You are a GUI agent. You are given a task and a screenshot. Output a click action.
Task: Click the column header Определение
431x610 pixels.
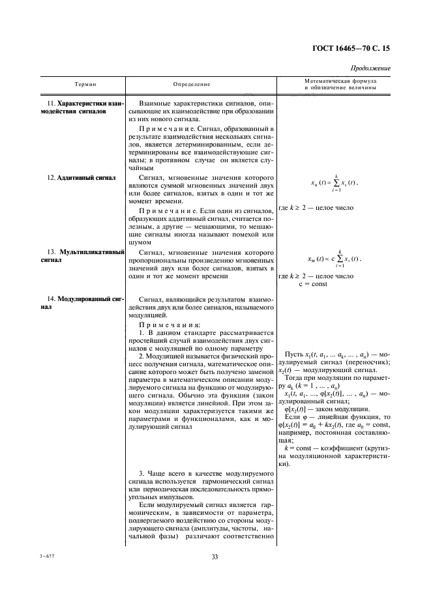[192, 84]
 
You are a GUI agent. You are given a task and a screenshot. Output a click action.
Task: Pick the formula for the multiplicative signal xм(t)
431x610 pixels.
[335, 258]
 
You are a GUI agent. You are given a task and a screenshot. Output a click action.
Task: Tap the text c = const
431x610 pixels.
[313, 285]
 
